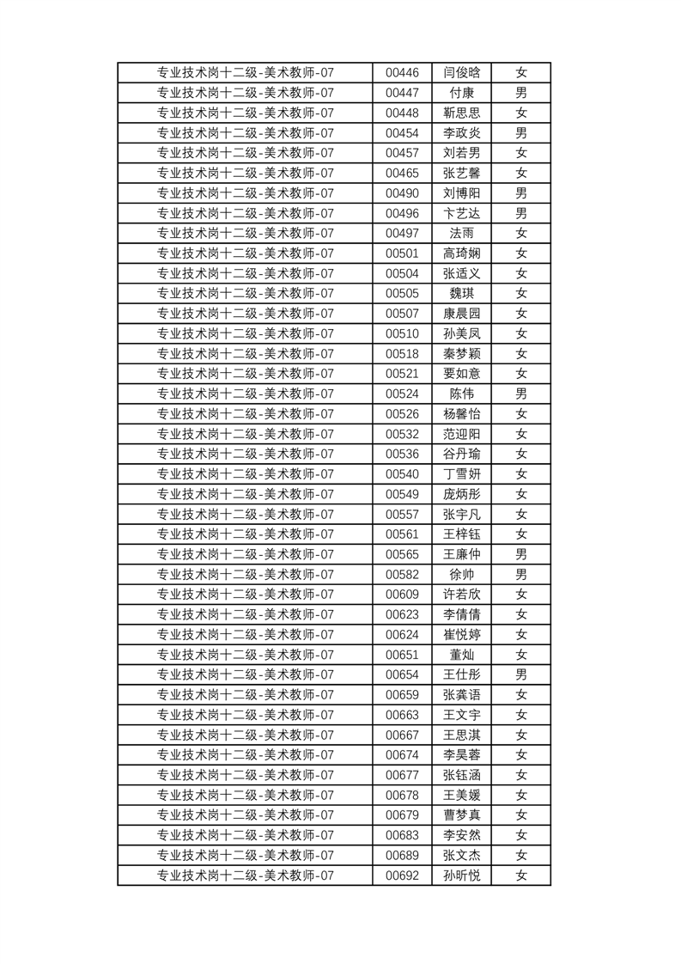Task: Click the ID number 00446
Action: coord(402,73)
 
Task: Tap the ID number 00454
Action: coord(402,133)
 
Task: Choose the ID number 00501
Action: coord(402,253)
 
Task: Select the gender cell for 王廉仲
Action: coord(520,554)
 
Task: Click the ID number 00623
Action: coord(402,614)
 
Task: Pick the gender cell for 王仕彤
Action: coord(520,674)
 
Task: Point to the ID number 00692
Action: coord(402,876)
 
